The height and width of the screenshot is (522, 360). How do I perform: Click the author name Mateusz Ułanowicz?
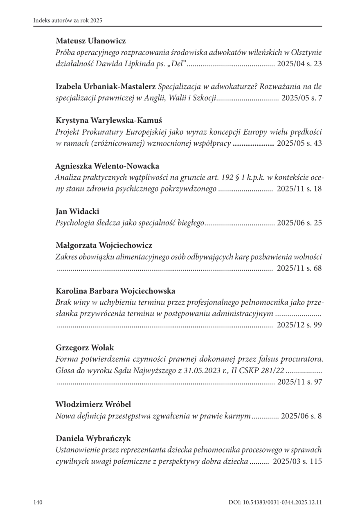(91, 41)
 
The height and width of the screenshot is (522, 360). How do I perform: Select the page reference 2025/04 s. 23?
(300, 64)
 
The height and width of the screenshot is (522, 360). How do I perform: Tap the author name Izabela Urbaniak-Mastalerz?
(106, 87)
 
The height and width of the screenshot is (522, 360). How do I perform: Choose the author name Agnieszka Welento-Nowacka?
(107, 166)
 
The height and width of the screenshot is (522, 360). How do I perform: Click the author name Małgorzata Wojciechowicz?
(104, 245)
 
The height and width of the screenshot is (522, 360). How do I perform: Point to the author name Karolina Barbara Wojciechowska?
(115, 291)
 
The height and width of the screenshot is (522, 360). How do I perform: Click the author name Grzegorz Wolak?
(85, 348)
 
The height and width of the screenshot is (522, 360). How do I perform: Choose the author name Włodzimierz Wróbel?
(93, 405)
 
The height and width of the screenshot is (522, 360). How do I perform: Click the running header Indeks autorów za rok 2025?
(67, 20)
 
